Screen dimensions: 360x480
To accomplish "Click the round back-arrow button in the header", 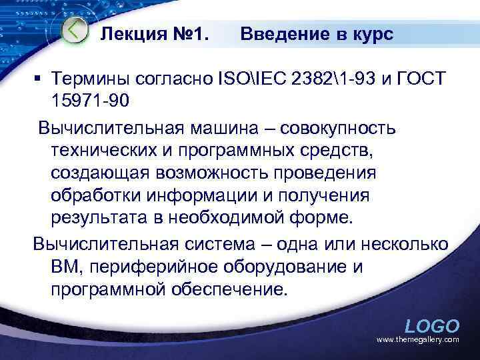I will coord(75,30).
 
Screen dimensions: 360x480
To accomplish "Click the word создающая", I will coord(101,173).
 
